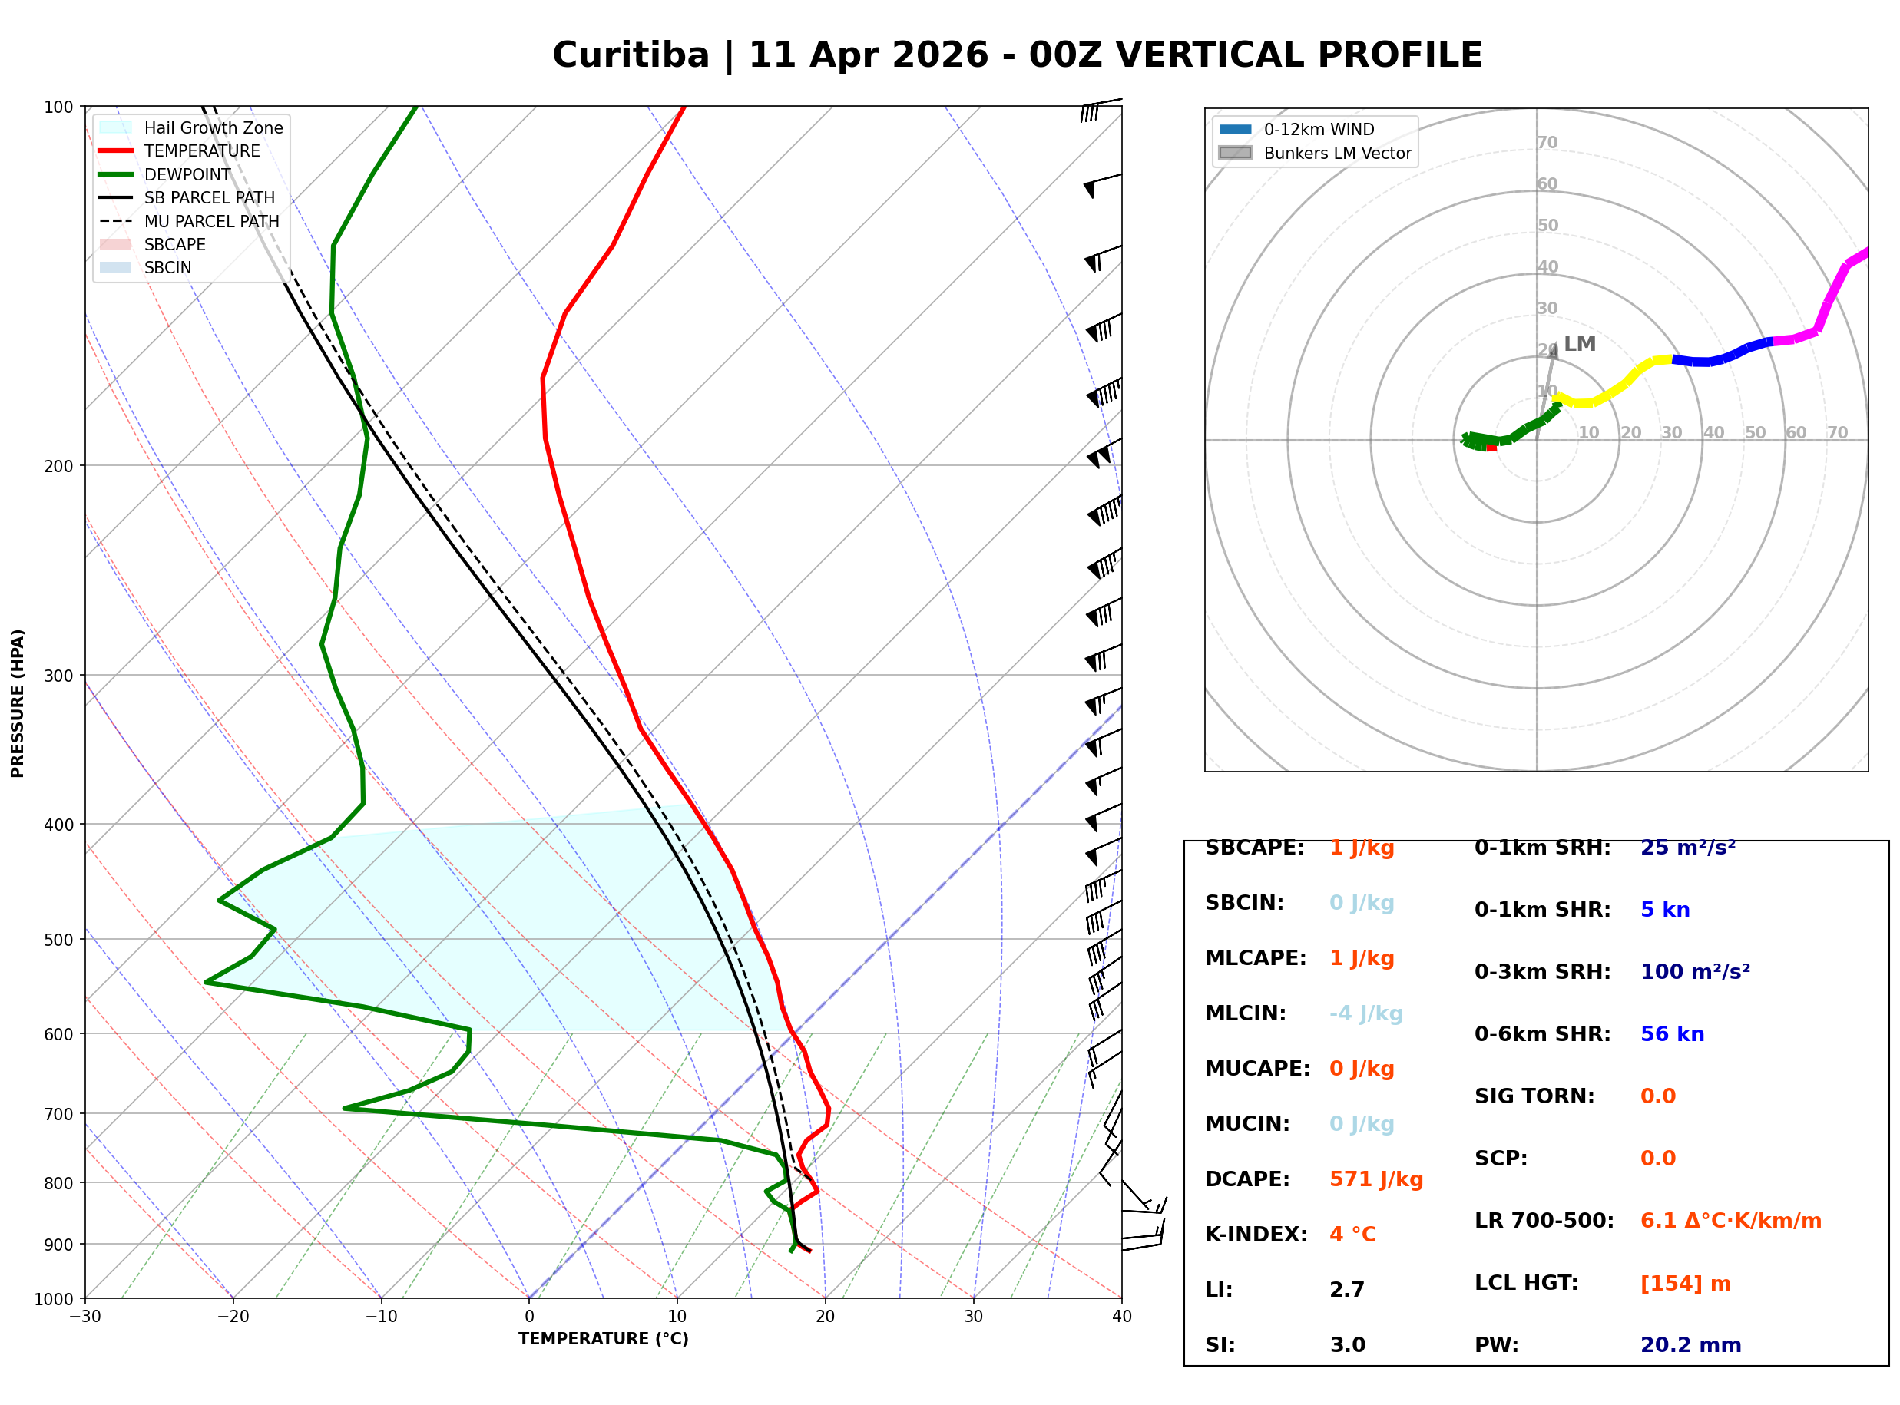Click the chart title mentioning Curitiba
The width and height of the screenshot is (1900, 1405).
1016,55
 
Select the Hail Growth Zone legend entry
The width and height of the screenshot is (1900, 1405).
213,127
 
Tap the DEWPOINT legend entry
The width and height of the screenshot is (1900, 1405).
187,174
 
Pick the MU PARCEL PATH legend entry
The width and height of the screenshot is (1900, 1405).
211,221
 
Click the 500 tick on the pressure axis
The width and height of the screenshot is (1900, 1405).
58,940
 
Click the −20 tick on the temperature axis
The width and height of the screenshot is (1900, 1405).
232,1317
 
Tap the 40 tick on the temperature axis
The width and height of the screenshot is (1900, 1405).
1121,1317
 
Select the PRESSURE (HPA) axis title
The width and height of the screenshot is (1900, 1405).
18,702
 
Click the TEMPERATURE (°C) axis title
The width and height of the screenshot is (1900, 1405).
603,1339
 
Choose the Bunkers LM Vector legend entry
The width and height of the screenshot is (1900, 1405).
1337,153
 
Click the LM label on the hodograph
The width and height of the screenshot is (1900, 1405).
1579,344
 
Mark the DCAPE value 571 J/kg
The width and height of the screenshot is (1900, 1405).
1375,1179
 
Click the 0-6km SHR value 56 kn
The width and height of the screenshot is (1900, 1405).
1671,1034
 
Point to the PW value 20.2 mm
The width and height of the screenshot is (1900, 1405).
1690,1344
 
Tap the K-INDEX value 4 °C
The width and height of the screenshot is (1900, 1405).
1352,1234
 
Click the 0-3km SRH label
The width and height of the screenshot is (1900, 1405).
1542,971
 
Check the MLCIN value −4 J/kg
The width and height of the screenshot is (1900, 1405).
1365,1013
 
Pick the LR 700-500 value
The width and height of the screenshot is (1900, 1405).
1730,1222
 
